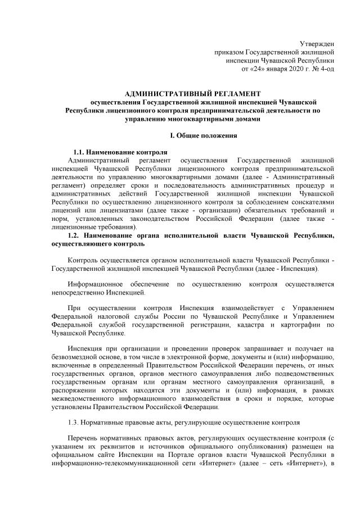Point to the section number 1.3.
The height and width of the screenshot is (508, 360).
click(x=74, y=421)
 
